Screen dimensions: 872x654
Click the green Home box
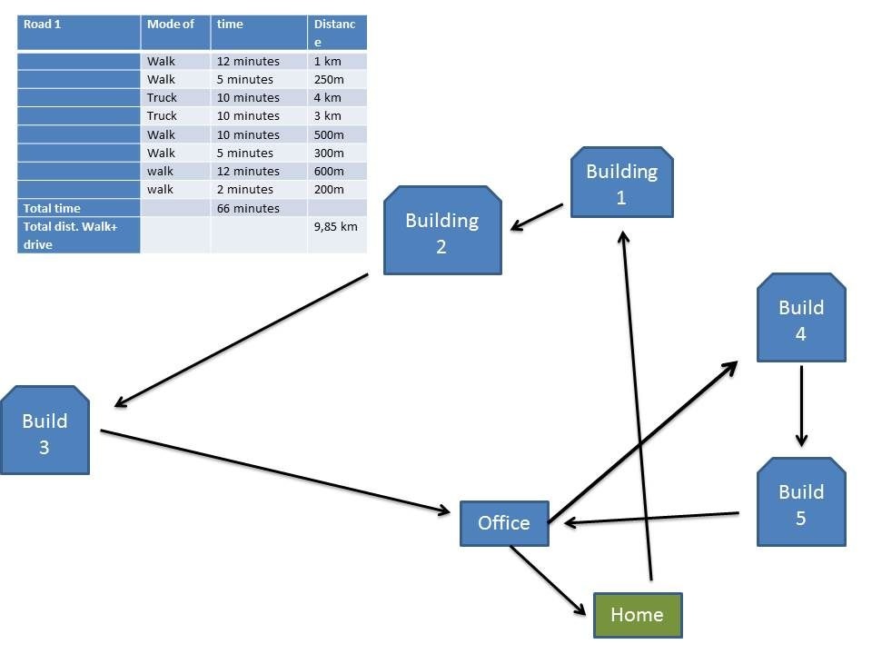[638, 615]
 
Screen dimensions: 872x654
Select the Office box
[504, 523]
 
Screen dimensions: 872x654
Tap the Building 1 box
[621, 182]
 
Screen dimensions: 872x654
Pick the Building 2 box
[442, 230]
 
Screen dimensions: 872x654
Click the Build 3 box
[45, 430]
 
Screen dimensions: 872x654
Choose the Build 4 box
[801, 317]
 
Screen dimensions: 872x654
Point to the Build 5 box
[801, 501]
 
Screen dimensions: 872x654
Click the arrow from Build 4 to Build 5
[801, 406]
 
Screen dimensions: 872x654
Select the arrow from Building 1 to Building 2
[537, 217]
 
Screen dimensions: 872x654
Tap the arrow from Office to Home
[548, 580]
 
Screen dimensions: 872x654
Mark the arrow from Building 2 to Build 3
[242, 341]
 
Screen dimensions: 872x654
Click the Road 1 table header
[78, 33]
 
